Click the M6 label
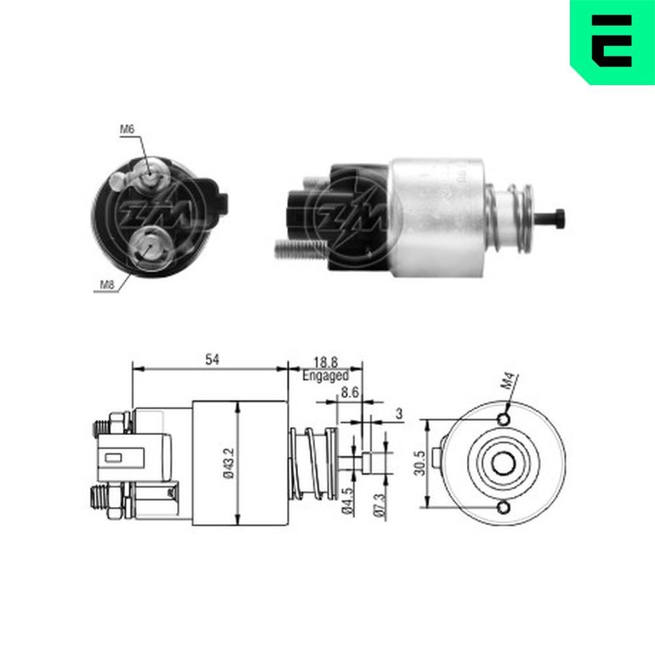(126, 130)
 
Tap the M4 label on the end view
(512, 381)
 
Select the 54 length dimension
(212, 359)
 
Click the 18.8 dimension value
(326, 362)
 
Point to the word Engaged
(326, 376)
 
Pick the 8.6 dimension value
(350, 394)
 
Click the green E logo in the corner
(612, 41)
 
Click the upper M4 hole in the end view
(503, 419)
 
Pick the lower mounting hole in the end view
(503, 508)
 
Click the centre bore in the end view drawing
(503, 464)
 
